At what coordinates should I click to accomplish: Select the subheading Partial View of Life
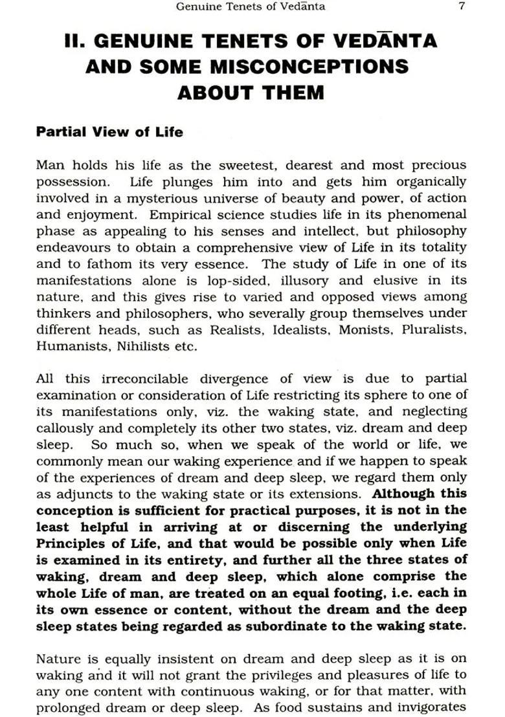tap(109, 132)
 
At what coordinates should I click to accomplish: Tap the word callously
tap(63, 428)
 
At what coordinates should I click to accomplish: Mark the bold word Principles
tap(69, 544)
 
